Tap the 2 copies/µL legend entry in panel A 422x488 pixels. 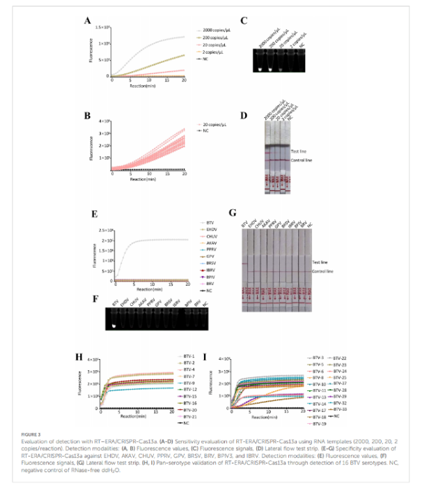pos(214,52)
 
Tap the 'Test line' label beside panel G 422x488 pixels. pos(320,261)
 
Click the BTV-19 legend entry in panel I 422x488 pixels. pos(320,424)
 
